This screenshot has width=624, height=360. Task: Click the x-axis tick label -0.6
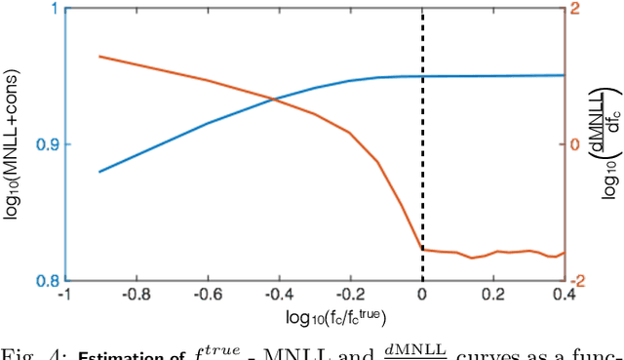click(x=205, y=294)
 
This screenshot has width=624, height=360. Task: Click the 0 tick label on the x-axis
click(x=422, y=294)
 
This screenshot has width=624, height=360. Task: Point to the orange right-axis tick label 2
click(x=574, y=9)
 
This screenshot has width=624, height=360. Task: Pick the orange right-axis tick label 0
click(x=574, y=144)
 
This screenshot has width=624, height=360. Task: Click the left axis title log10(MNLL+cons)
click(x=15, y=144)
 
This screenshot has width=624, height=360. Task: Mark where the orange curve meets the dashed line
click(x=422, y=249)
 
